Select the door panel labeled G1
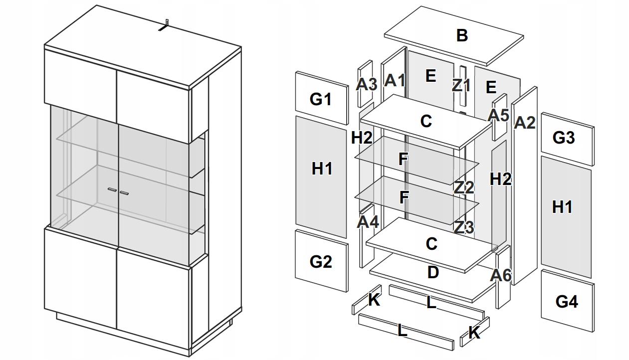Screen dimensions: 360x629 [321, 99]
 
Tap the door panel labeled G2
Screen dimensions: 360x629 [321, 261]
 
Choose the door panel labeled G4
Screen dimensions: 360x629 [567, 302]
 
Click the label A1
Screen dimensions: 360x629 [395, 80]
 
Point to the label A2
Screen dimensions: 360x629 [524, 122]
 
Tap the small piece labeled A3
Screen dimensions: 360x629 [366, 84]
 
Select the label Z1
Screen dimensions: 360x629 [461, 85]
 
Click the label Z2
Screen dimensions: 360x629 [463, 187]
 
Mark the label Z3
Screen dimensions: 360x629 [463, 227]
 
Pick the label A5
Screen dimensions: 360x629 [498, 115]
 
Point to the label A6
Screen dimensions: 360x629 [501, 275]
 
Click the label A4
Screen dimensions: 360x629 [368, 221]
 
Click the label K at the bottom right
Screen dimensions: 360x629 [474, 333]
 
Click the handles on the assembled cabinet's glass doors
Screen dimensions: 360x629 [118, 190]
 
